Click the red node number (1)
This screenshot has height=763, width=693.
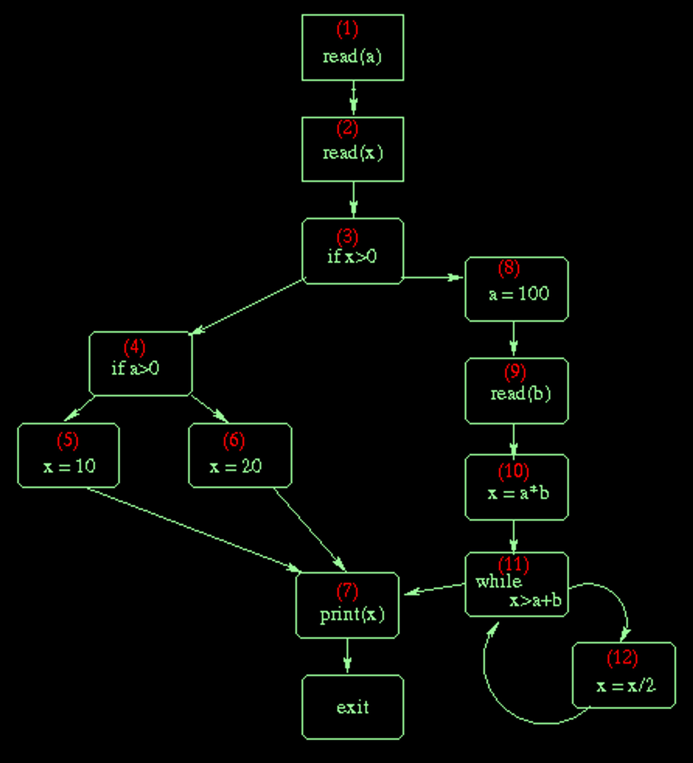tap(347, 29)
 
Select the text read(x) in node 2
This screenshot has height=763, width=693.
tap(352, 153)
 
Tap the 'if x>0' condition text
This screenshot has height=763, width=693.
tap(352, 257)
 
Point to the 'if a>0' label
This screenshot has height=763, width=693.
tap(135, 368)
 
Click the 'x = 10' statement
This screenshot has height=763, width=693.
tap(69, 466)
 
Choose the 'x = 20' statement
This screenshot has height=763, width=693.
tap(235, 466)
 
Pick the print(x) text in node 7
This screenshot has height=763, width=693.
tap(352, 614)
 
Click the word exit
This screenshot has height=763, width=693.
tap(352, 707)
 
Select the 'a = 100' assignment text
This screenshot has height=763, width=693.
tap(518, 293)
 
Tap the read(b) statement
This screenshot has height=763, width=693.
tap(520, 394)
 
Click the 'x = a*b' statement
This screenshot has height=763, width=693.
tap(518, 493)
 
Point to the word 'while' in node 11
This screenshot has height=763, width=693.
tap(499, 581)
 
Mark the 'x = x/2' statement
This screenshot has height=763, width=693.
tap(626, 685)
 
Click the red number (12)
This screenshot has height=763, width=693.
tap(622, 657)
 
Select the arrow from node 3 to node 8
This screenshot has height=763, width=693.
tap(433, 278)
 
